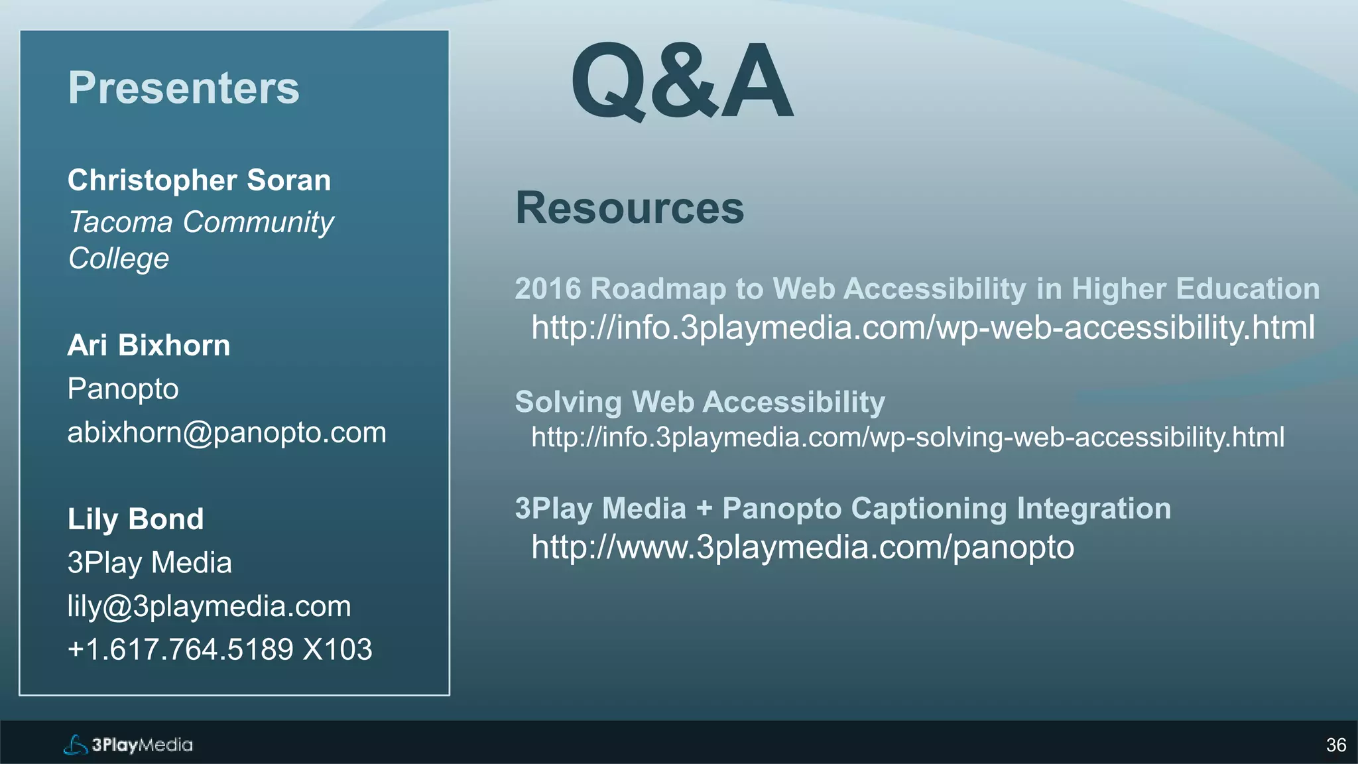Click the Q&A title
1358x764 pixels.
click(682, 81)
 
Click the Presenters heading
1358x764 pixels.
click(184, 88)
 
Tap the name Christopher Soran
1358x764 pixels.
click(199, 180)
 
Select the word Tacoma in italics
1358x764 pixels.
click(121, 222)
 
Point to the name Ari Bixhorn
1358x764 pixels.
click(149, 346)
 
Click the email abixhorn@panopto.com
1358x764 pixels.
click(227, 433)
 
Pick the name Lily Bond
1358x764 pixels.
click(135, 519)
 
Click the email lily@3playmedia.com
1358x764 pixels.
click(209, 606)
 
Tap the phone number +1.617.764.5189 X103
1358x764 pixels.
click(219, 649)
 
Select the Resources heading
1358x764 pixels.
click(629, 208)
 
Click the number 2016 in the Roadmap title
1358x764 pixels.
click(548, 289)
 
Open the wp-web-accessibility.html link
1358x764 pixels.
click(922, 328)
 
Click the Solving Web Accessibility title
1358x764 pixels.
click(700, 403)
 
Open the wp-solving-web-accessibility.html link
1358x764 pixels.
click(907, 438)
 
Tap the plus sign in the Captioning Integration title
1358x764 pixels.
click(704, 509)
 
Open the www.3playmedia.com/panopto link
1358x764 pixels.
click(802, 548)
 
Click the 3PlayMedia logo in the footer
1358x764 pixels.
click(128, 745)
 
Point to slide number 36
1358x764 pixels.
click(1335, 745)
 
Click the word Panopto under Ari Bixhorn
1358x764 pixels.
click(123, 389)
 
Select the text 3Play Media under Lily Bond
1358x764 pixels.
click(149, 563)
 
